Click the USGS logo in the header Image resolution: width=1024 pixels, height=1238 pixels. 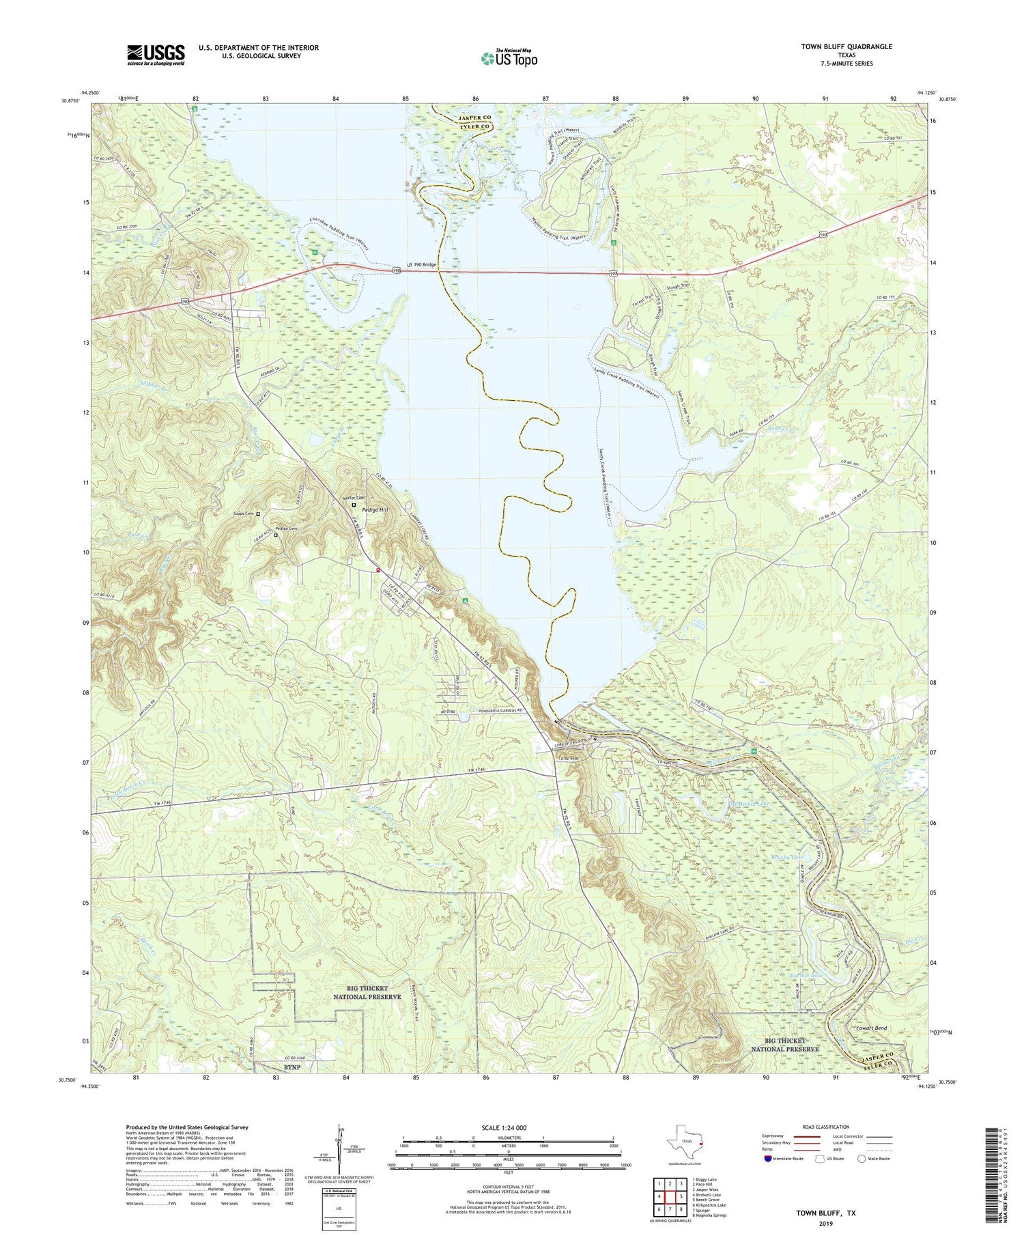(x=156, y=55)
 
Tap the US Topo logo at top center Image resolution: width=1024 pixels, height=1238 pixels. (x=509, y=58)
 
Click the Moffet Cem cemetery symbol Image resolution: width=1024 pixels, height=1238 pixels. (x=354, y=505)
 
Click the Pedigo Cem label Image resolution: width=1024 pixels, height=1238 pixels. (x=287, y=529)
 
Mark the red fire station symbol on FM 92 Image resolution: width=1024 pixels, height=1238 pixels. (x=377, y=570)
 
